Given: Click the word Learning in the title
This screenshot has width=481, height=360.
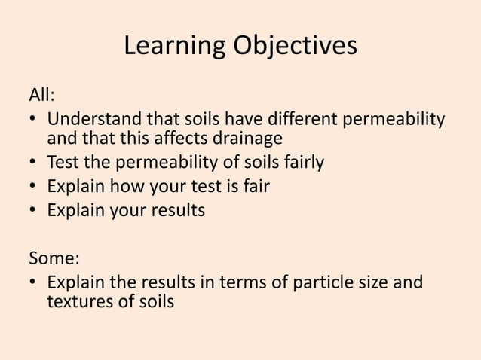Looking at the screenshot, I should point(168,47).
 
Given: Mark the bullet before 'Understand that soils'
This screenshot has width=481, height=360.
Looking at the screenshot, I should point(34,121).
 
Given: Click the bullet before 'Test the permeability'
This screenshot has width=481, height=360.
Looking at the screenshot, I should point(34,162).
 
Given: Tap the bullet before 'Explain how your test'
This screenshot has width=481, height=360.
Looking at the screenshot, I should point(34,186).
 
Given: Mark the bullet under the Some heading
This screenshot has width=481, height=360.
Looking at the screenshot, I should point(34,284).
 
